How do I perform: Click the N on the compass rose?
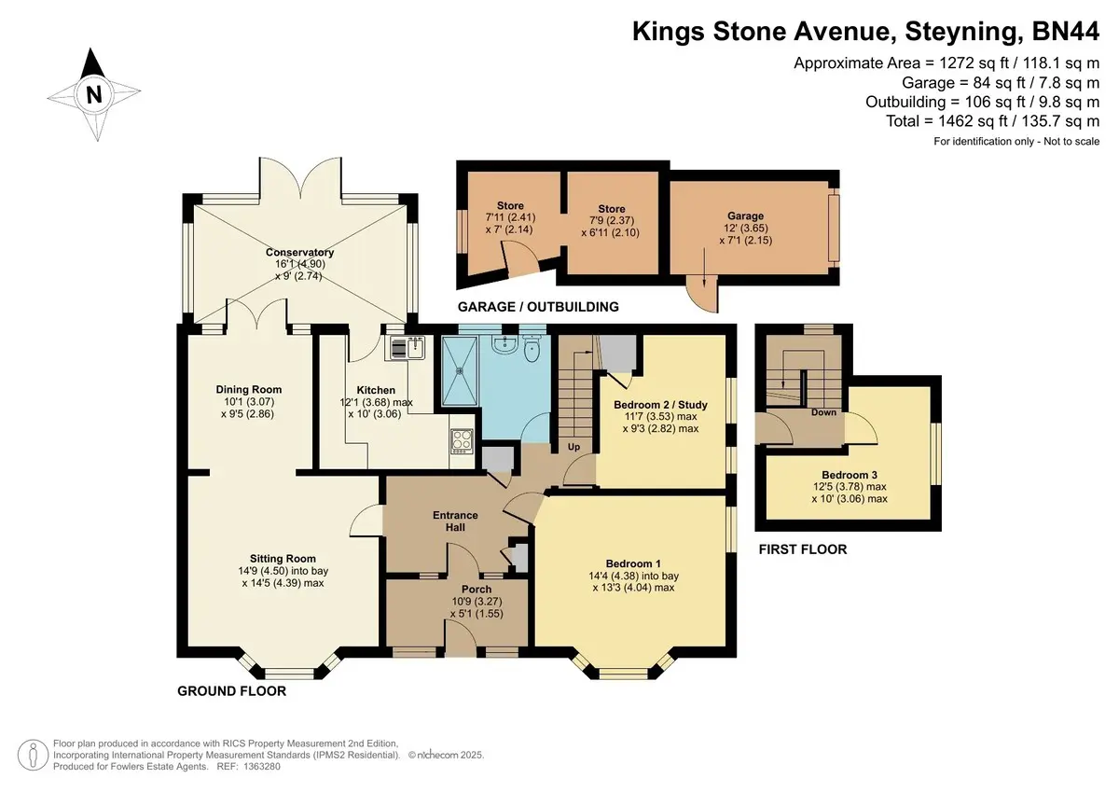click(93, 94)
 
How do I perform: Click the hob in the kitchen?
click(462, 441)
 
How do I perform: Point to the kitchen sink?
click(405, 348)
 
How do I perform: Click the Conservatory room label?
click(299, 253)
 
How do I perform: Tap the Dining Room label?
click(249, 389)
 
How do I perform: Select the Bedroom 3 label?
click(850, 475)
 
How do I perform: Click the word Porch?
click(477, 590)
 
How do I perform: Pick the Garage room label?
click(745, 215)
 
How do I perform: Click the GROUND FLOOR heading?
click(232, 691)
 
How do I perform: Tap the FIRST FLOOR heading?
click(803, 549)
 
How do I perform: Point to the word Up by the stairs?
click(573, 446)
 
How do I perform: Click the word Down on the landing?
click(823, 412)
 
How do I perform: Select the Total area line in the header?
click(992, 121)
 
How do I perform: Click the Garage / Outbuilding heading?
click(538, 307)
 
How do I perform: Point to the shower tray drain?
click(459, 370)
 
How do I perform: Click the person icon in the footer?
click(33, 755)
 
